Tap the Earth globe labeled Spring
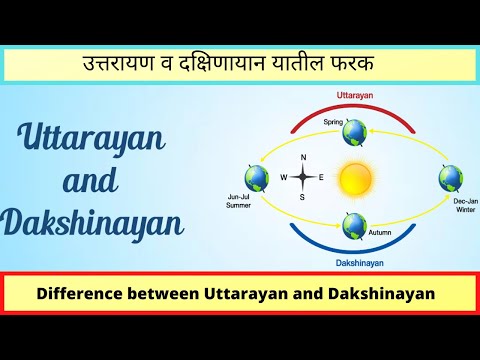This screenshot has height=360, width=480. point(355,132)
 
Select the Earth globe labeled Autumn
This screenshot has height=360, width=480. point(354,225)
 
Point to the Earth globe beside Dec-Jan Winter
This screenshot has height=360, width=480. point(451,179)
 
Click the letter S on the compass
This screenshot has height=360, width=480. point(302,197)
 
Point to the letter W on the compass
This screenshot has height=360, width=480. point(284,178)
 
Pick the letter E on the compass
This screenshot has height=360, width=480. point(320,178)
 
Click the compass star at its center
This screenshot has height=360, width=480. point(302,178)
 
